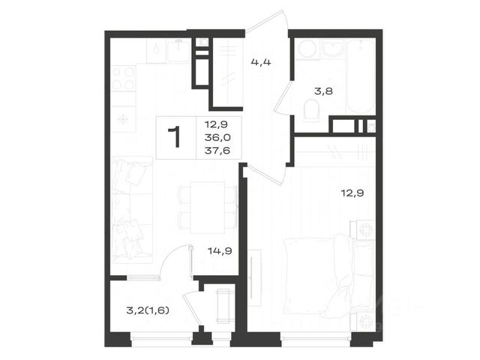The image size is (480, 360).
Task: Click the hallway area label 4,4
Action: pyautogui.click(x=261, y=63)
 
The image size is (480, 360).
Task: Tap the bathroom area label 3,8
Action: pyautogui.click(x=323, y=91)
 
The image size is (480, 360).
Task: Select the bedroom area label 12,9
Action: pyautogui.click(x=352, y=193)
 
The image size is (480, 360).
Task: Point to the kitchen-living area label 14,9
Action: pyautogui.click(x=220, y=251)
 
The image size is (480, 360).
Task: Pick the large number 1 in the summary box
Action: pyautogui.click(x=175, y=137)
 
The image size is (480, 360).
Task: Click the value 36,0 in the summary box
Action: pyautogui.click(x=217, y=138)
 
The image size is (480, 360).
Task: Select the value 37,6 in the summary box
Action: pyautogui.click(x=217, y=151)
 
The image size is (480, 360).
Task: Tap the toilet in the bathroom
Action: pyautogui.click(x=311, y=109)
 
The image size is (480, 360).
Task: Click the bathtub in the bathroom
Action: pyautogui.click(x=361, y=76)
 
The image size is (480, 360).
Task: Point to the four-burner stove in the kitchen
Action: pyautogui.click(x=123, y=78)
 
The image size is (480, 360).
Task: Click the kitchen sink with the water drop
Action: pyautogui.click(x=157, y=51)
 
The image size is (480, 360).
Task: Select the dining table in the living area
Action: pyautogui.click(x=208, y=208)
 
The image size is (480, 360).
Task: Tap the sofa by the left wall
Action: pyautogui.click(x=132, y=210)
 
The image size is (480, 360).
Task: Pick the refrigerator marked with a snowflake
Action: pyautogui.click(x=123, y=119)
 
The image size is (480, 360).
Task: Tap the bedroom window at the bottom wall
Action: pyautogui.click(x=316, y=338)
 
